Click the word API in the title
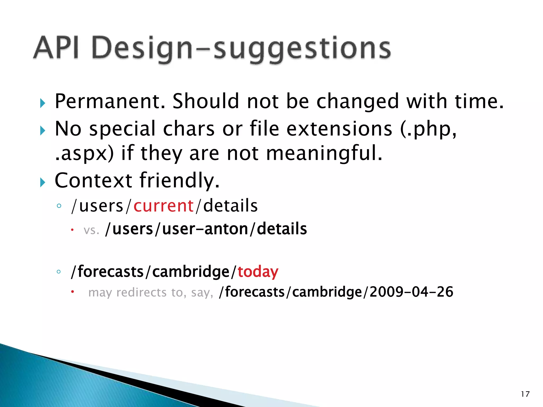pyautogui.click(x=56, y=48)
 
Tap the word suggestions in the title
pyautogui.click(x=302, y=49)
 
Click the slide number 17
pyautogui.click(x=525, y=394)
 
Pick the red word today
pyautogui.click(x=258, y=272)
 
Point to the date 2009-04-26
pyautogui.click(x=411, y=292)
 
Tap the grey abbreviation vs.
pyautogui.click(x=91, y=230)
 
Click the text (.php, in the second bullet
pyautogui.click(x=428, y=129)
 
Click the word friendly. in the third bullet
pyautogui.click(x=180, y=180)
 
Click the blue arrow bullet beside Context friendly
pyautogui.click(x=42, y=182)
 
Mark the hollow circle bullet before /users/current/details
pyautogui.click(x=59, y=206)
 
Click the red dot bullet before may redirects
pyautogui.click(x=72, y=292)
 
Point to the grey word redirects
pyautogui.click(x=141, y=293)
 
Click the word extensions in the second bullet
pyautogui.click(x=339, y=129)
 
